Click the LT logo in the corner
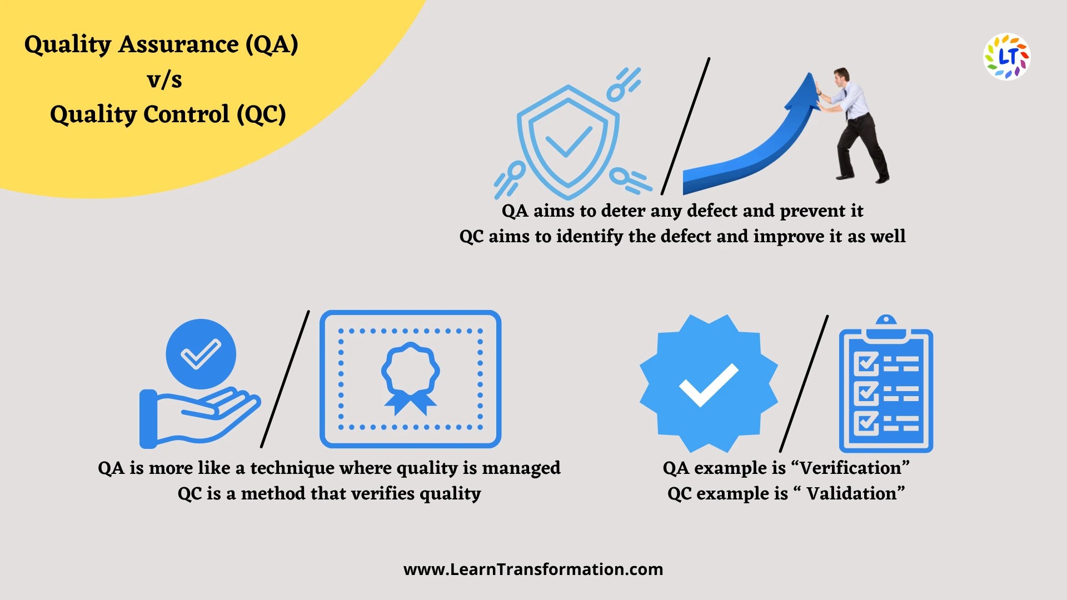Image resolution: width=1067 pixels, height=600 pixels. (x=1006, y=57)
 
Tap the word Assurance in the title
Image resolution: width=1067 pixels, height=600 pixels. (x=178, y=44)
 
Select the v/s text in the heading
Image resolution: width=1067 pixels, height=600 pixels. (x=164, y=79)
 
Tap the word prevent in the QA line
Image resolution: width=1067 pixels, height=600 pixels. (x=811, y=211)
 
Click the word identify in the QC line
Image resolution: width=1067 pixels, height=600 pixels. (x=589, y=237)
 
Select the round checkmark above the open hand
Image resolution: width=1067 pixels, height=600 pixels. (x=201, y=354)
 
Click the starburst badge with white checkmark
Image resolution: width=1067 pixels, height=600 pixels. (x=709, y=383)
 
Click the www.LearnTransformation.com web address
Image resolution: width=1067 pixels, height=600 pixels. (x=533, y=569)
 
